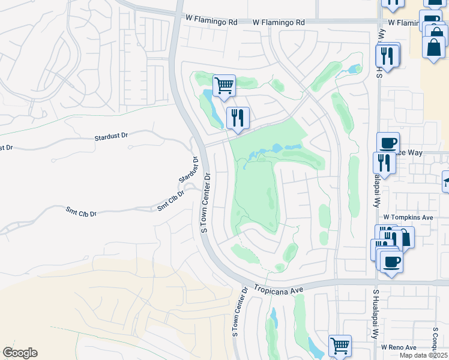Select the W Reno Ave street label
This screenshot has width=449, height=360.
tap(398, 347)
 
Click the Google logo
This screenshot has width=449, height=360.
tap(20, 353)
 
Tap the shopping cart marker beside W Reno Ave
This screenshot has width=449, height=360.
tap(340, 346)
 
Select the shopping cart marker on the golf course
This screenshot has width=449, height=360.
tap(224, 86)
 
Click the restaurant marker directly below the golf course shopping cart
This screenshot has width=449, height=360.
tap(238, 118)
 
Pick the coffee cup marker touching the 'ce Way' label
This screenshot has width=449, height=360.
tap(388, 143)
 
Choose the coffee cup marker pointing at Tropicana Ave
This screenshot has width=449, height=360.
tap(391, 263)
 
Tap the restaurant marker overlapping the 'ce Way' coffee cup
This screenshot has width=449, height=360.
tap(384, 163)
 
